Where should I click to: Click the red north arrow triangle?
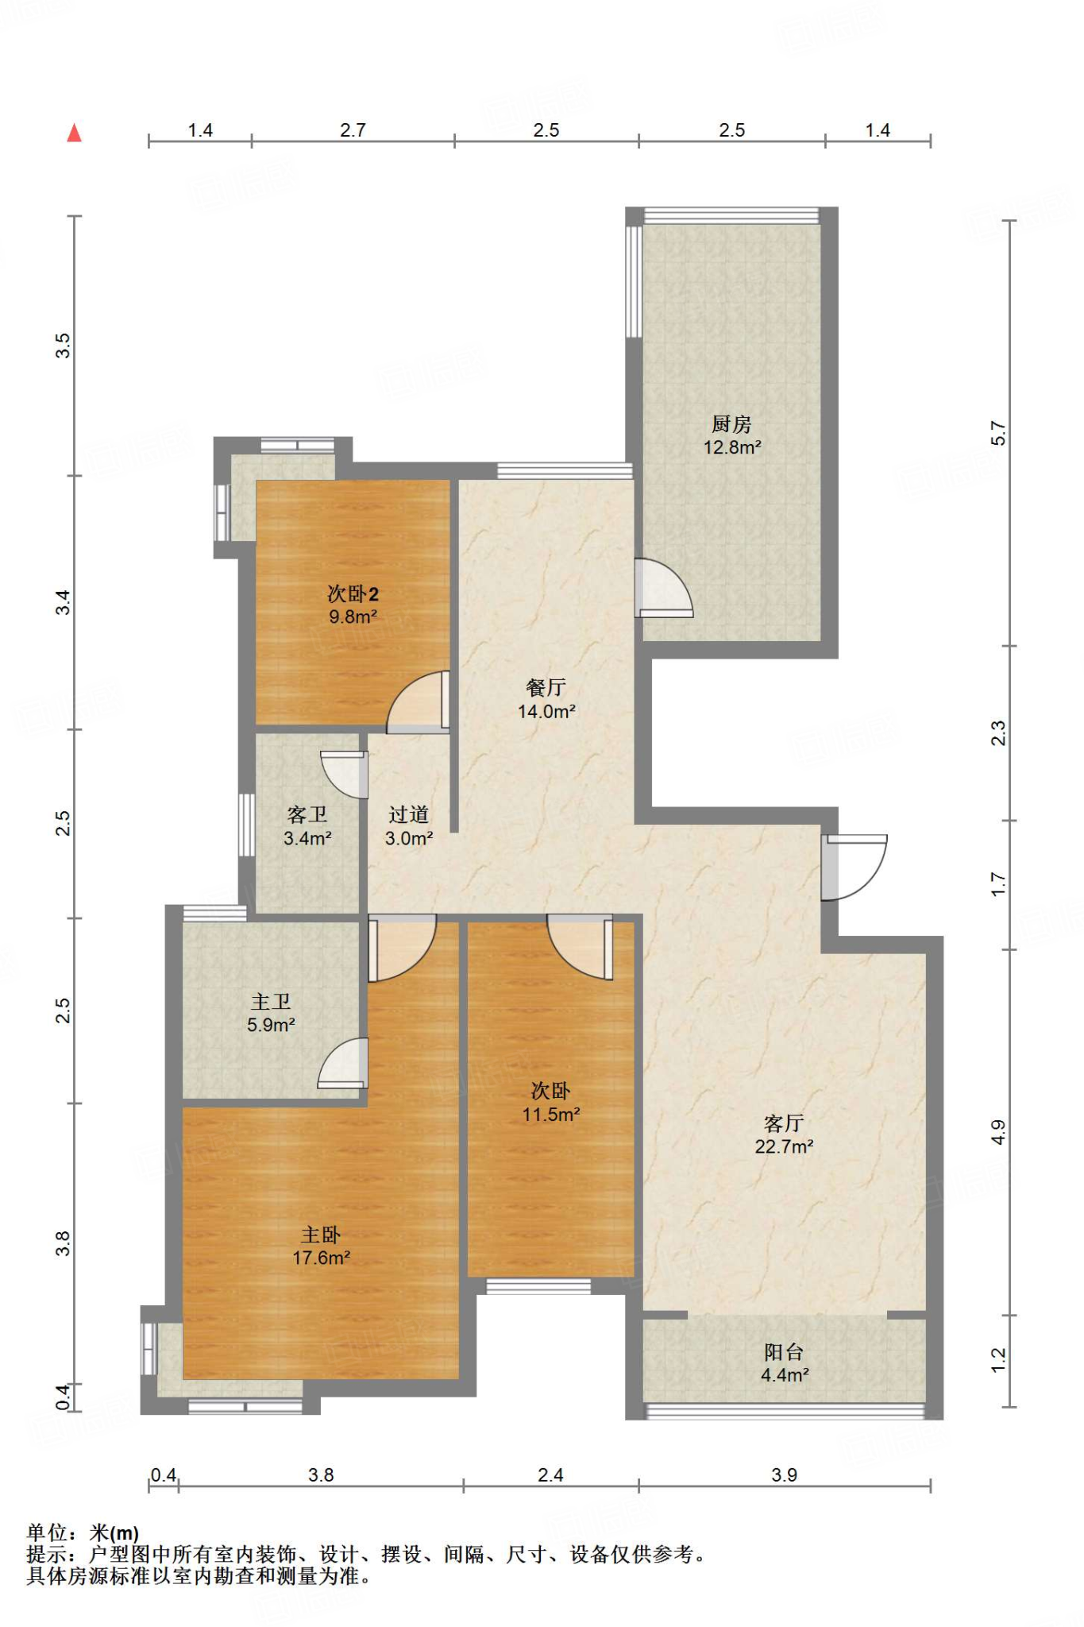coord(75,133)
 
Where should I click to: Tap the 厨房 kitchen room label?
coord(731,424)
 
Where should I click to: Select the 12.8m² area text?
coord(732,447)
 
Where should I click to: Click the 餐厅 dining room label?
coord(546,687)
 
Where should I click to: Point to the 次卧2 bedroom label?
coord(353,593)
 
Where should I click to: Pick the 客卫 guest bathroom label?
coord(307,814)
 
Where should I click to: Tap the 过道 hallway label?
coord(409,814)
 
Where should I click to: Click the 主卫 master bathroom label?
coord(271,1002)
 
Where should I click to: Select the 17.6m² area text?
coord(322,1258)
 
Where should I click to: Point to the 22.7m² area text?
coord(784,1146)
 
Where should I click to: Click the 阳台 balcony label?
coord(784,1351)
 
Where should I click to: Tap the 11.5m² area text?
coord(551,1115)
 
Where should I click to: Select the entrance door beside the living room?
coord(854,868)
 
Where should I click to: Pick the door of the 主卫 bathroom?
coord(342,1063)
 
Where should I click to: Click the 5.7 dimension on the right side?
coord(998,434)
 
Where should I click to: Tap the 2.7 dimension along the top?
coord(353,129)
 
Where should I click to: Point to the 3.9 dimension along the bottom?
coord(784,1475)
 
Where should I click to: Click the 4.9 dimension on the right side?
coord(998,1132)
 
